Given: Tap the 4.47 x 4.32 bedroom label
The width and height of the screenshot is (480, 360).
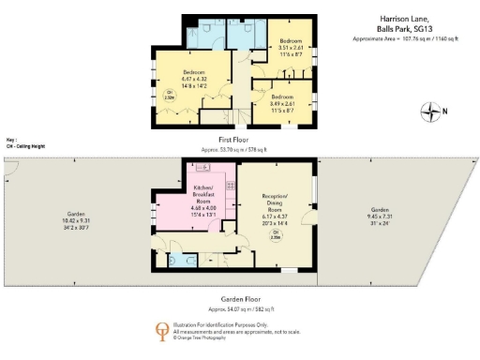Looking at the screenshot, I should pyautogui.click(x=194, y=80).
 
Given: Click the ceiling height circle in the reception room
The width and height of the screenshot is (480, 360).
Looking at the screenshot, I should pyautogui.click(x=276, y=234).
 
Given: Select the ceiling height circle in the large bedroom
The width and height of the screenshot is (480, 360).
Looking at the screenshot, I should pyautogui.click(x=169, y=94).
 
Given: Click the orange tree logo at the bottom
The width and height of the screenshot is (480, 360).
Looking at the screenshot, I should pyautogui.click(x=161, y=331).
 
